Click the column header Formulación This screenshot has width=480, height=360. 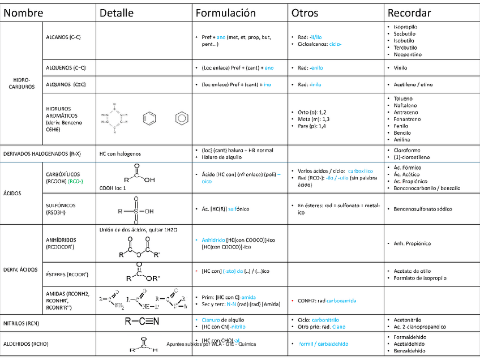[x=225, y=13]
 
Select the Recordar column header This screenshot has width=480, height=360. [x=409, y=13]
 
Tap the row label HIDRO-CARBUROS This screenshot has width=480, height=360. [x=22, y=83]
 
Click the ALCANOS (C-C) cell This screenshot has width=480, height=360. [x=63, y=37]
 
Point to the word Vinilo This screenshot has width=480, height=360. [x=401, y=67]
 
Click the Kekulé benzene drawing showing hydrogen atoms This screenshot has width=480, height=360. [x=115, y=118]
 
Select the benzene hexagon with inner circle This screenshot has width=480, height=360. [x=181, y=118]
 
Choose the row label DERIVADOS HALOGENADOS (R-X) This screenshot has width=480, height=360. [x=42, y=153]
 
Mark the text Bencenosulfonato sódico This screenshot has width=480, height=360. [x=424, y=209]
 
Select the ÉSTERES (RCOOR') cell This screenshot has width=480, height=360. [x=67, y=275]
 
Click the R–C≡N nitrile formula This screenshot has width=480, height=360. [x=142, y=322]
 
